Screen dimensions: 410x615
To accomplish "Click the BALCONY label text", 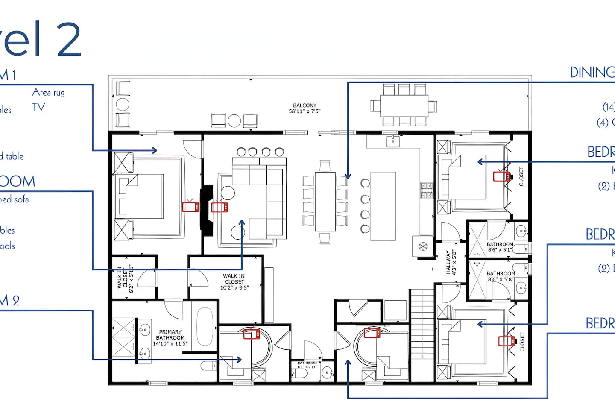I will (305, 108).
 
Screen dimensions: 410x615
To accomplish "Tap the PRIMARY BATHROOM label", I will (170, 337).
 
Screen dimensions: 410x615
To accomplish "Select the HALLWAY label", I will (451, 262).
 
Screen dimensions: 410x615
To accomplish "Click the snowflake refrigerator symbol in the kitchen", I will (423, 246).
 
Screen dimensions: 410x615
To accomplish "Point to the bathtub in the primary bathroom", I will (205, 327).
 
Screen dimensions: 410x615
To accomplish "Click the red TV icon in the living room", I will (219, 207).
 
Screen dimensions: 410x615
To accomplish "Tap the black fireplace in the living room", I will (207, 210).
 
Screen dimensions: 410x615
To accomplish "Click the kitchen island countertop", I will (383, 206).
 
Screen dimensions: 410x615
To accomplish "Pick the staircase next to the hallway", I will (422, 325).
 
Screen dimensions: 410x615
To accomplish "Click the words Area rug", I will (48, 92).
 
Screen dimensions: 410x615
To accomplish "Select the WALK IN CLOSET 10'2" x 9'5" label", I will (234, 282).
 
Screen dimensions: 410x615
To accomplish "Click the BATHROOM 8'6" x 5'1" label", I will (500, 247).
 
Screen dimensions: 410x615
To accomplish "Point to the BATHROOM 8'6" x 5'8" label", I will (501, 276).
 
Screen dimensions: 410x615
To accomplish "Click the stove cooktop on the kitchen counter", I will (427, 190).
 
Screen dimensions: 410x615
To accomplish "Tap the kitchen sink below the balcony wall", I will (393, 141).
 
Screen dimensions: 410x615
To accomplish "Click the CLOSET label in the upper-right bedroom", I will (521, 176).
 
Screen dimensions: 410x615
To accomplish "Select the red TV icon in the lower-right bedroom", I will (505, 340).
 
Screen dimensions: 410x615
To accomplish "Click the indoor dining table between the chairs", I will (325, 201).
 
